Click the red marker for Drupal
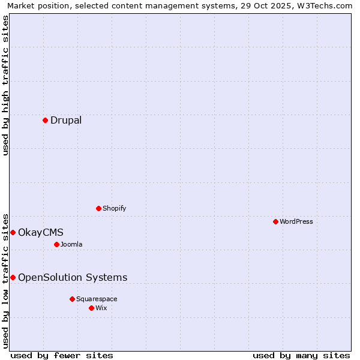[45, 120]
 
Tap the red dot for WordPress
[275, 221]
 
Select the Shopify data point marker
[98, 208]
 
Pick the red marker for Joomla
[56, 244]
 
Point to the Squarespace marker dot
[72, 299]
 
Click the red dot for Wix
[91, 308]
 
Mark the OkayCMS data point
[13, 232]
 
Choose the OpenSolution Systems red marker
[13, 277]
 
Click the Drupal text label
[66, 120]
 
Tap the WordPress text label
[296, 221]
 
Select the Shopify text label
[114, 208]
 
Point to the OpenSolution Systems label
[73, 277]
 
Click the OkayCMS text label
[41, 232]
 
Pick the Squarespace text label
[97, 299]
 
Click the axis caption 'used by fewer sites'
[62, 355]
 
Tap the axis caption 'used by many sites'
[301, 355]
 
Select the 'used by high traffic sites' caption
[5, 85]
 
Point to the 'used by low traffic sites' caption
[5, 280]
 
